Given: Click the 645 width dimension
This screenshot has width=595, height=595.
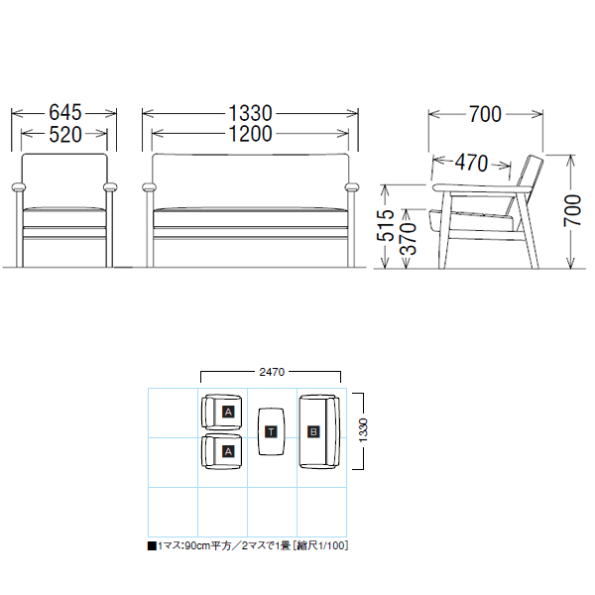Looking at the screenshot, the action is (65, 112).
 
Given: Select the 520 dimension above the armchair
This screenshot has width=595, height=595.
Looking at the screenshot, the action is (65, 134).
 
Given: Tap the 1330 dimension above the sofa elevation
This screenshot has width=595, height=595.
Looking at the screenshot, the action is (251, 113).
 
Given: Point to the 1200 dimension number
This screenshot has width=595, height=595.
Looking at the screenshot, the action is (251, 134).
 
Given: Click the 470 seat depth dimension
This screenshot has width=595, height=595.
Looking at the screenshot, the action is (471, 163).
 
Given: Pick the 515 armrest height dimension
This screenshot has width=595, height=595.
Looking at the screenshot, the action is (386, 225).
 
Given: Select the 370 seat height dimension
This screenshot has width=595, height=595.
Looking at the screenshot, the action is (409, 238).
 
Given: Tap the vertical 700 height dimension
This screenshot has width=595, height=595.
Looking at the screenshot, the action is (572, 210).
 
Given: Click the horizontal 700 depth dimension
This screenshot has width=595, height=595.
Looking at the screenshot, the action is (485, 114).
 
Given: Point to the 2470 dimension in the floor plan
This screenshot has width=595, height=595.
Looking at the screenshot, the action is (272, 372).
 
